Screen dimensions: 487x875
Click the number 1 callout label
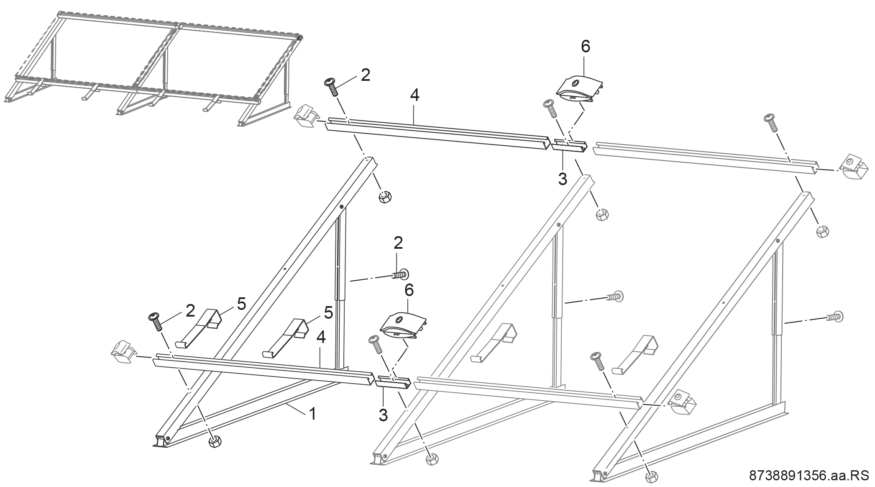tap(312, 414)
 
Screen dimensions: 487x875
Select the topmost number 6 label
tap(586, 47)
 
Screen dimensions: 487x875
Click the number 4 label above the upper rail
tap(414, 95)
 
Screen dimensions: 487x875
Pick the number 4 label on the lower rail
tap(321, 338)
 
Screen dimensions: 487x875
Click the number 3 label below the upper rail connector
tap(563, 179)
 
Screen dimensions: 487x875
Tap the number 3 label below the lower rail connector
tap(383, 415)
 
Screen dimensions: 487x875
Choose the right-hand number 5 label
tap(328, 312)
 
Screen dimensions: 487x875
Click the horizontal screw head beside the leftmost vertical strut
tap(402, 274)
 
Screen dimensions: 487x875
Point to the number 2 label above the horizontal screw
tap(398, 243)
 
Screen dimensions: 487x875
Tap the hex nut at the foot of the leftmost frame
tap(215, 441)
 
